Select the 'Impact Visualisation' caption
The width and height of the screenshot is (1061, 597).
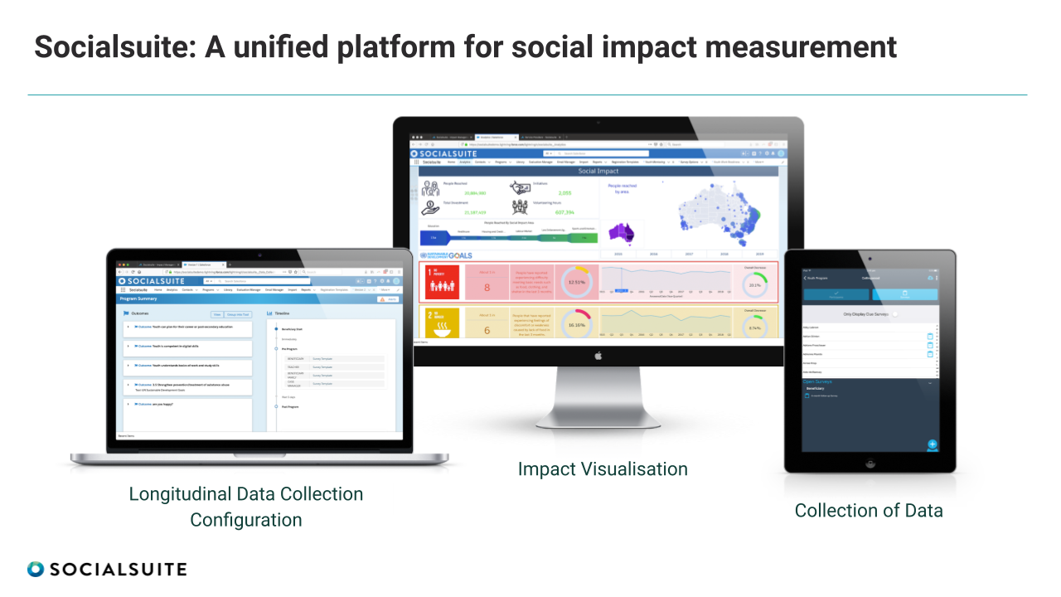(603, 469)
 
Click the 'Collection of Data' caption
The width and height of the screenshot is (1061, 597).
(869, 511)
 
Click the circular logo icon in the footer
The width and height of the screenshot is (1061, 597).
(35, 569)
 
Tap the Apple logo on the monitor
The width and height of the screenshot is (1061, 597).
(598, 356)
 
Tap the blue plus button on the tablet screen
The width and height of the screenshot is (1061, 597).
(933, 444)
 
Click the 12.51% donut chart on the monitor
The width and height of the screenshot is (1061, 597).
(577, 282)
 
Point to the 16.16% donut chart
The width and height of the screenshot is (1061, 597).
(577, 323)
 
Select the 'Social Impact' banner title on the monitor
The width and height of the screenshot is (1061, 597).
(598, 171)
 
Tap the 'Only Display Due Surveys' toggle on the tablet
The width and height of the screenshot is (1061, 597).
(894, 314)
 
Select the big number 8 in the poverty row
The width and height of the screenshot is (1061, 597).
(487, 288)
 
